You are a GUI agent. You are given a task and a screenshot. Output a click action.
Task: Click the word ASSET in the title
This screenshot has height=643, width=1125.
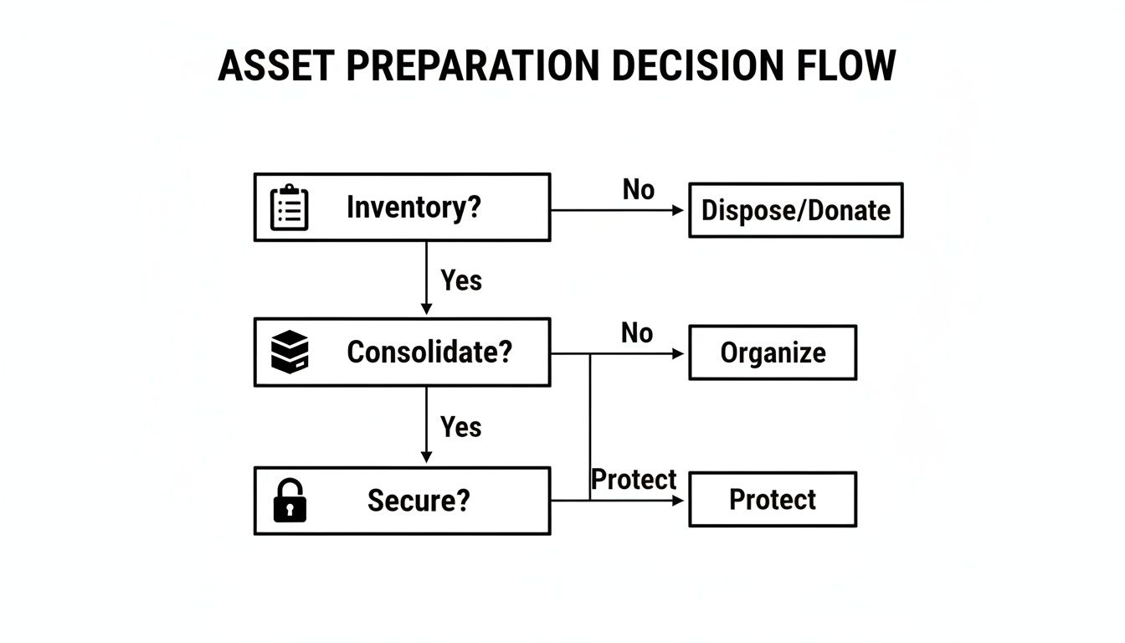pyautogui.click(x=275, y=66)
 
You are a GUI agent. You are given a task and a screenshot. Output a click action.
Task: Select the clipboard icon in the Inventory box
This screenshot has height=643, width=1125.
pyautogui.click(x=290, y=208)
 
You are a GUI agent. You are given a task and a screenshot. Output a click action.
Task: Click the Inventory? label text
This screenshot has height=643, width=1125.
pyautogui.click(x=414, y=207)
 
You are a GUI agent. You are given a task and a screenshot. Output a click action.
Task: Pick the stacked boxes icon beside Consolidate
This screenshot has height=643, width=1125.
pyautogui.click(x=290, y=352)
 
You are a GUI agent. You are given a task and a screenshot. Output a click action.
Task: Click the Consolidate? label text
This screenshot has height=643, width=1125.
pyautogui.click(x=429, y=352)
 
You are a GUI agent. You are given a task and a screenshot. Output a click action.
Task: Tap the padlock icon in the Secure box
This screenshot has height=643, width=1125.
pyautogui.click(x=290, y=501)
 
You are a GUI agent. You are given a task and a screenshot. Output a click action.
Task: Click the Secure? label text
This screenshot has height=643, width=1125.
pyautogui.click(x=419, y=501)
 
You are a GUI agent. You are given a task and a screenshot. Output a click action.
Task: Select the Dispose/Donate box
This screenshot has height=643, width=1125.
pyautogui.click(x=795, y=210)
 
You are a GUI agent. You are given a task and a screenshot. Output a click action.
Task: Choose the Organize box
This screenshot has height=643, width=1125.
pyautogui.click(x=772, y=353)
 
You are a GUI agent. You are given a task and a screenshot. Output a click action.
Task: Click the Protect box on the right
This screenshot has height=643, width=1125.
pyautogui.click(x=772, y=500)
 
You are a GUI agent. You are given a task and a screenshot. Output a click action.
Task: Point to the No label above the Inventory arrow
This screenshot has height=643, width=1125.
pyautogui.click(x=638, y=190)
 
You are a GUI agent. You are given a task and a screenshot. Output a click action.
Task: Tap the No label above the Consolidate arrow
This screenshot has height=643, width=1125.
pyautogui.click(x=637, y=333)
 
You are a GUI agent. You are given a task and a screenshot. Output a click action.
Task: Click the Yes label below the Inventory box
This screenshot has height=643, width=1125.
pyautogui.click(x=461, y=280)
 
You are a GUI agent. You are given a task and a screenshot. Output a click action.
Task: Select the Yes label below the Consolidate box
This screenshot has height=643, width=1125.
pyautogui.click(x=461, y=427)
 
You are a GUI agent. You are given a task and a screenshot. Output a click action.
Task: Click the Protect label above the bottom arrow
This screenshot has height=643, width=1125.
pyautogui.click(x=634, y=480)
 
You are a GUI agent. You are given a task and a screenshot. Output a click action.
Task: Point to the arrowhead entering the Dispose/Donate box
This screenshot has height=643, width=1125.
pyautogui.click(x=679, y=210)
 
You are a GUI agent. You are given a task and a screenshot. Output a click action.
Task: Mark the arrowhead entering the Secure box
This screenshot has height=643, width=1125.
pyautogui.click(x=426, y=457)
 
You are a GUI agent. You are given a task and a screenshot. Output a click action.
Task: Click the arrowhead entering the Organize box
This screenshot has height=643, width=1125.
pyautogui.click(x=679, y=354)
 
